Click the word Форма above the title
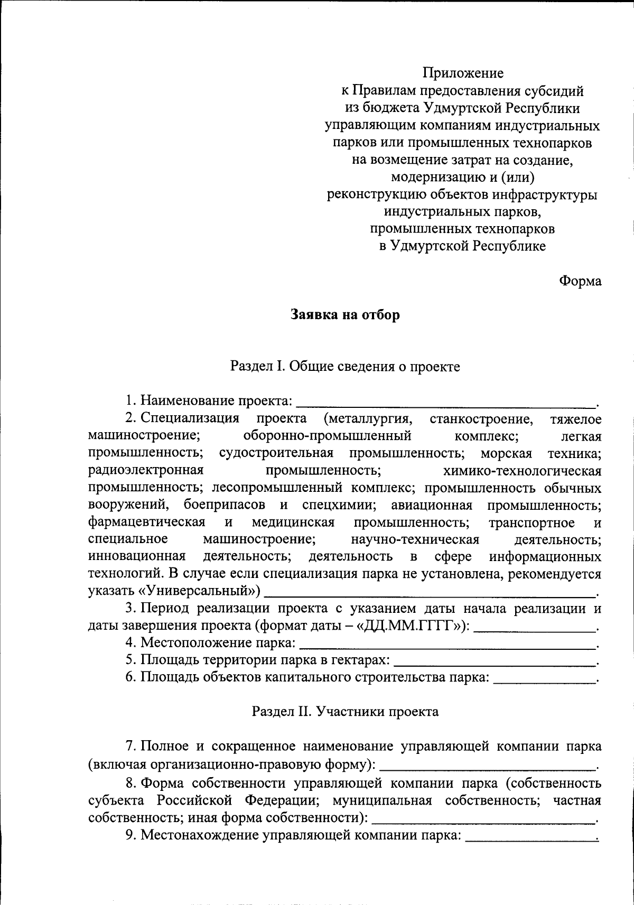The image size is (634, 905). pyautogui.click(x=580, y=281)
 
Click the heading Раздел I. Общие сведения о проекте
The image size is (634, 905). pyautogui.click(x=345, y=366)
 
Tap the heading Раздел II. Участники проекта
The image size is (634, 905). pyautogui.click(x=345, y=711)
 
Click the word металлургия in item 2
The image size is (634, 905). pyautogui.click(x=368, y=419)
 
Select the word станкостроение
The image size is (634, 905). pyautogui.click(x=481, y=419)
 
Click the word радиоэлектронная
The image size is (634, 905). pyautogui.click(x=146, y=470)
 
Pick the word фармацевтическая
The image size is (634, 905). pyautogui.click(x=147, y=522)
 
